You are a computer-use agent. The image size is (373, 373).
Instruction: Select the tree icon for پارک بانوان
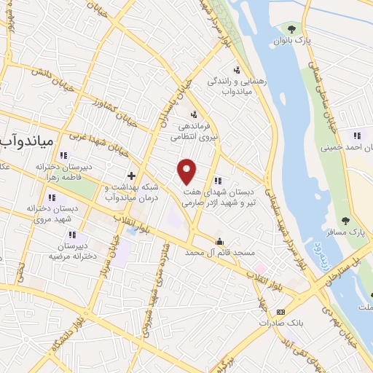click(x=291, y=30)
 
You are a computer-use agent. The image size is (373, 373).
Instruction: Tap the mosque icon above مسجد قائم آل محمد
click(x=219, y=241)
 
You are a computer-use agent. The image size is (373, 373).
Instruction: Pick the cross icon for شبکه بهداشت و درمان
click(x=131, y=176)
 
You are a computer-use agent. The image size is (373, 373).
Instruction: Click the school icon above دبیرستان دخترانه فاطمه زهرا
click(x=64, y=154)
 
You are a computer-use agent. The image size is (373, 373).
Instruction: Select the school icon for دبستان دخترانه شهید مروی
click(x=52, y=197)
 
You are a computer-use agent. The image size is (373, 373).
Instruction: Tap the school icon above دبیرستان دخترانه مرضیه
click(x=72, y=235)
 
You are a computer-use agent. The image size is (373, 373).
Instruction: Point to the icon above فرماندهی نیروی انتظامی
click(x=193, y=114)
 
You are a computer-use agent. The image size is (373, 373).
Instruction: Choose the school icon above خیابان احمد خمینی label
click(x=356, y=135)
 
